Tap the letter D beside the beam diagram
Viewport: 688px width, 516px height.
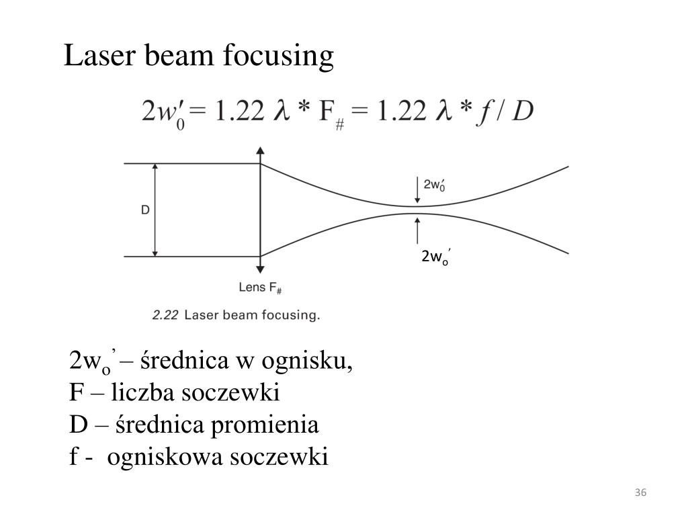pos(145,210)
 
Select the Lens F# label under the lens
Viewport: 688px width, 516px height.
pos(260,288)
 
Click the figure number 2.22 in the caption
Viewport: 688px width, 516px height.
pos(165,314)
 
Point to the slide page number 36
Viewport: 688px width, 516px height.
pos(640,494)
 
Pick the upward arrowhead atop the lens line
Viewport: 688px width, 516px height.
pos(261,151)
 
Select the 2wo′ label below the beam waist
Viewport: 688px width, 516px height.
pos(435,257)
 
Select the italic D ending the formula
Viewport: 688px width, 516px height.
pos(523,112)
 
